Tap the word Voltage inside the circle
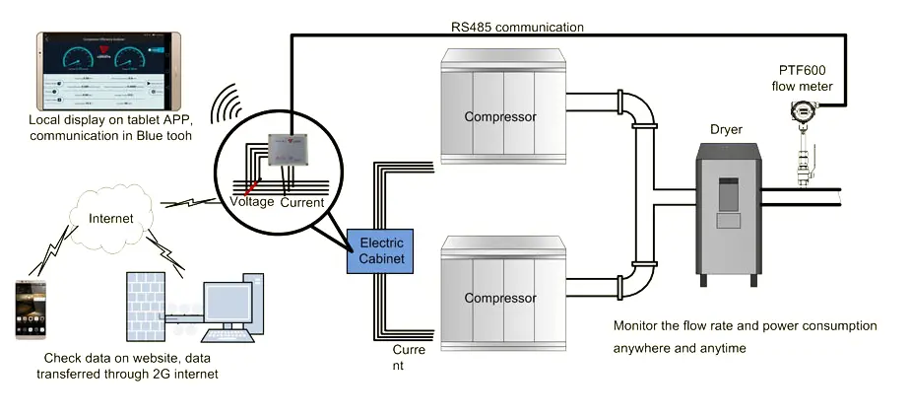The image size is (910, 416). [x=252, y=202]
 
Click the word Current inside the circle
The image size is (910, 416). [x=302, y=202]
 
